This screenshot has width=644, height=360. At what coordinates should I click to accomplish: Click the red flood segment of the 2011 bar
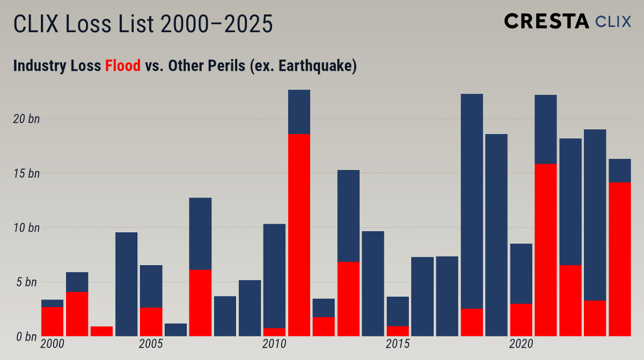(299, 234)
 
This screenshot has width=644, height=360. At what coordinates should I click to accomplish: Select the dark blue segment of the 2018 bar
(472, 201)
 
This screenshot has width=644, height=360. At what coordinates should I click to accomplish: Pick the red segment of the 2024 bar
(619, 259)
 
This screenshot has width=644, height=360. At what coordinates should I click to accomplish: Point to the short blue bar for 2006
(175, 329)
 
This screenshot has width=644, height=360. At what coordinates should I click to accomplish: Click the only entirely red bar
(101, 330)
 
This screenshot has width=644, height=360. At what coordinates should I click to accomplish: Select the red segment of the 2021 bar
(545, 249)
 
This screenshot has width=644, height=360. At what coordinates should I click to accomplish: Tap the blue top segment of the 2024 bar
(619, 171)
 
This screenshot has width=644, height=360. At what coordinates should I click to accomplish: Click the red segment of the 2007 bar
(200, 303)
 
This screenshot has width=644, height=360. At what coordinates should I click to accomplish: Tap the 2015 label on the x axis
(398, 344)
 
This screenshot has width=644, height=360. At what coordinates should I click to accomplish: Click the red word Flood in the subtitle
(122, 66)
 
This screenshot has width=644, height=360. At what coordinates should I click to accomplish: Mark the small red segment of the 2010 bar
(274, 332)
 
